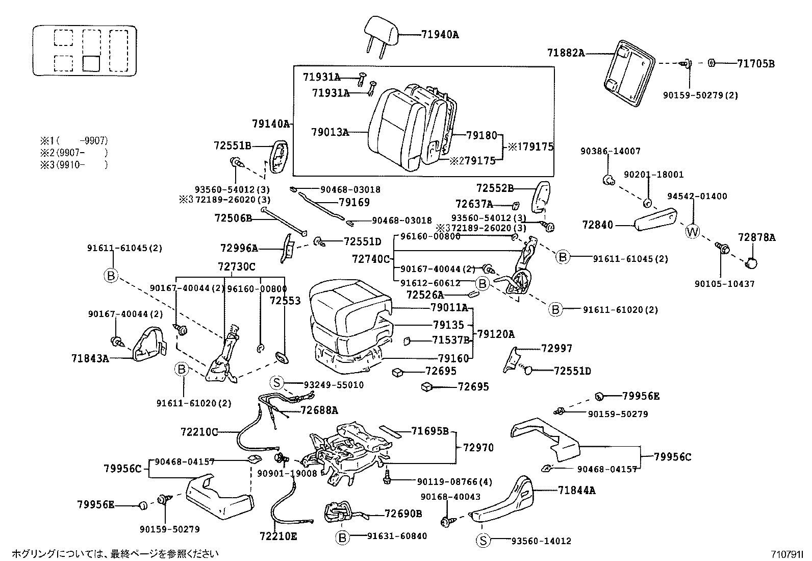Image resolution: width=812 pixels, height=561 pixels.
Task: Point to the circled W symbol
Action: pos(692,231)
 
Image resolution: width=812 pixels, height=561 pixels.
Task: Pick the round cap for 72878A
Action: pos(751,263)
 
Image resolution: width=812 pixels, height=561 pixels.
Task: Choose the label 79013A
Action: pos(330,132)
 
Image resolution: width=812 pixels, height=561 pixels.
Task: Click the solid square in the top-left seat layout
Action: pos(91,63)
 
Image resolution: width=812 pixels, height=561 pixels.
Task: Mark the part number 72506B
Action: pos(233,218)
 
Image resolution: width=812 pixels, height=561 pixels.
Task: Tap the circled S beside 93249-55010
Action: pos(276,383)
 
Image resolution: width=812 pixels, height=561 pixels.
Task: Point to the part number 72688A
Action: pos(319,409)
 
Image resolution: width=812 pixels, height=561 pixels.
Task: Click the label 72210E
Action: pos(278,536)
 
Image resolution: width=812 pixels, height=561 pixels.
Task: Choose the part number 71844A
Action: pos(576,491)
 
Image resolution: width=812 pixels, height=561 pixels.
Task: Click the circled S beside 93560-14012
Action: pos(483,541)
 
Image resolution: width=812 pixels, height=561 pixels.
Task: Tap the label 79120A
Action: pos(496,334)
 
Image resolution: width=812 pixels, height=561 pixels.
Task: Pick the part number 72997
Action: pos(556,348)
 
